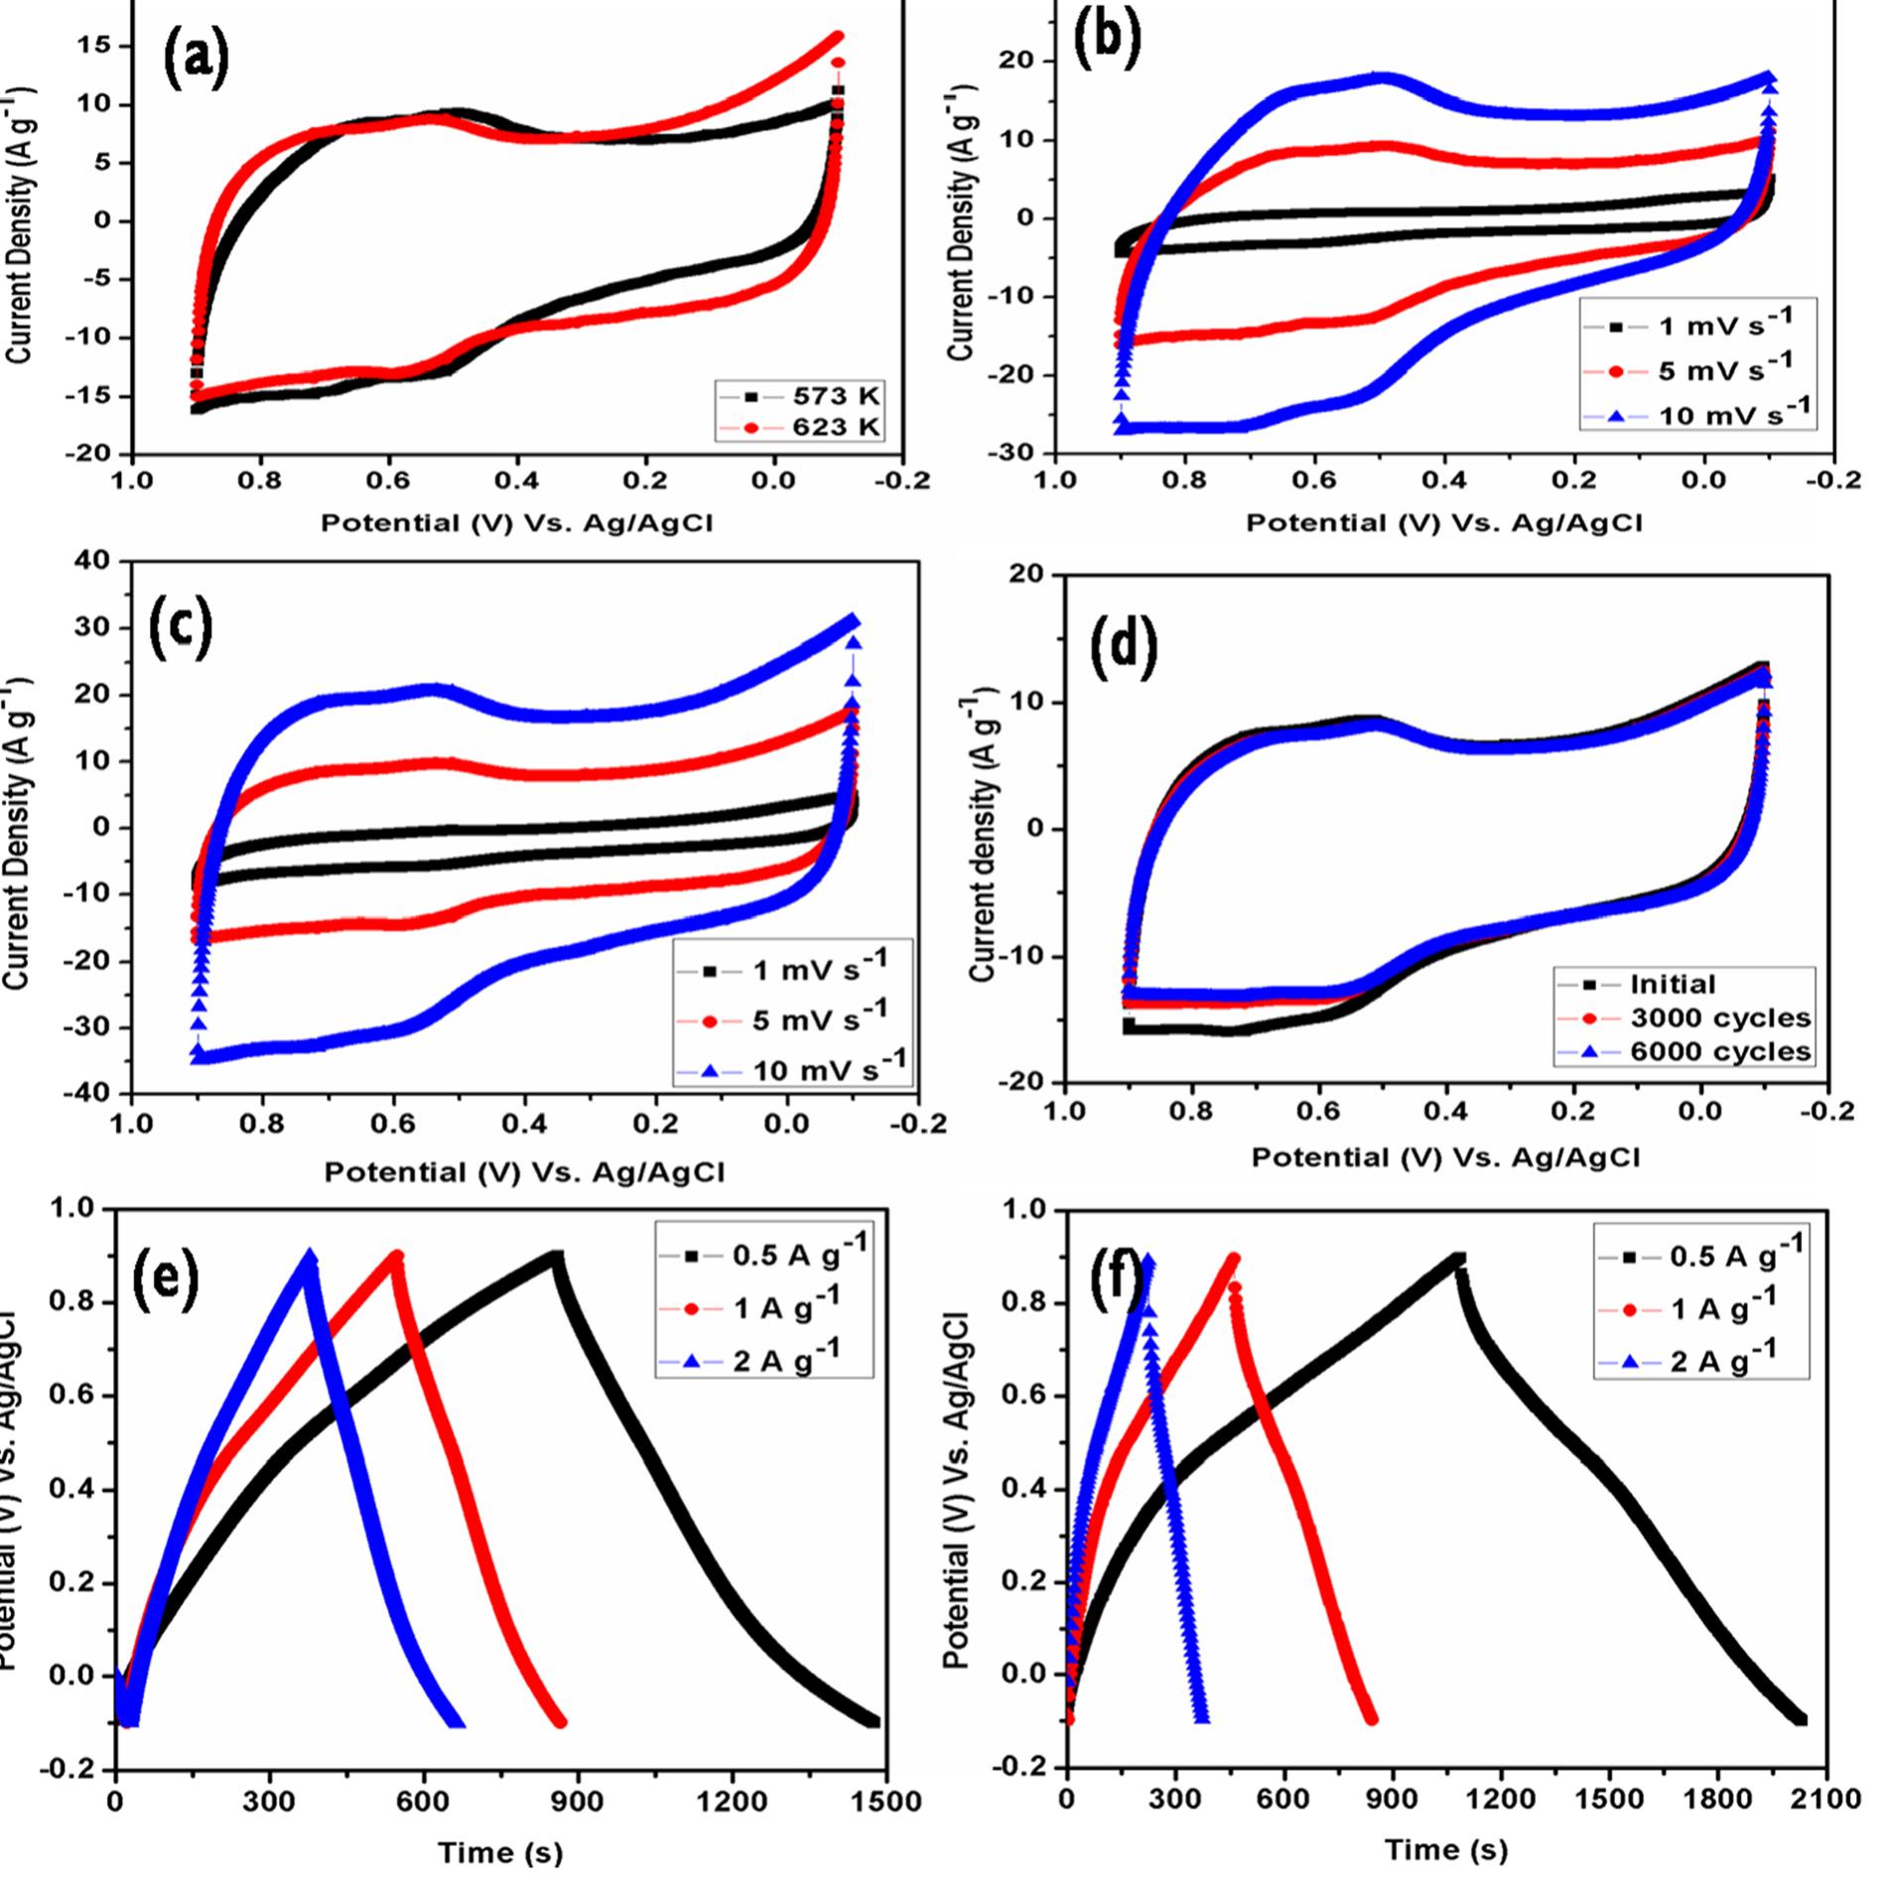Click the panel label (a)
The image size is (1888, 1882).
[x=196, y=58]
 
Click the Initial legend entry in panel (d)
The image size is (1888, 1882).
[x=1673, y=984]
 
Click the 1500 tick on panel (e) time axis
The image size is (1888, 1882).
[x=884, y=1800]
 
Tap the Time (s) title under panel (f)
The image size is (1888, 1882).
[x=1445, y=1849]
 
